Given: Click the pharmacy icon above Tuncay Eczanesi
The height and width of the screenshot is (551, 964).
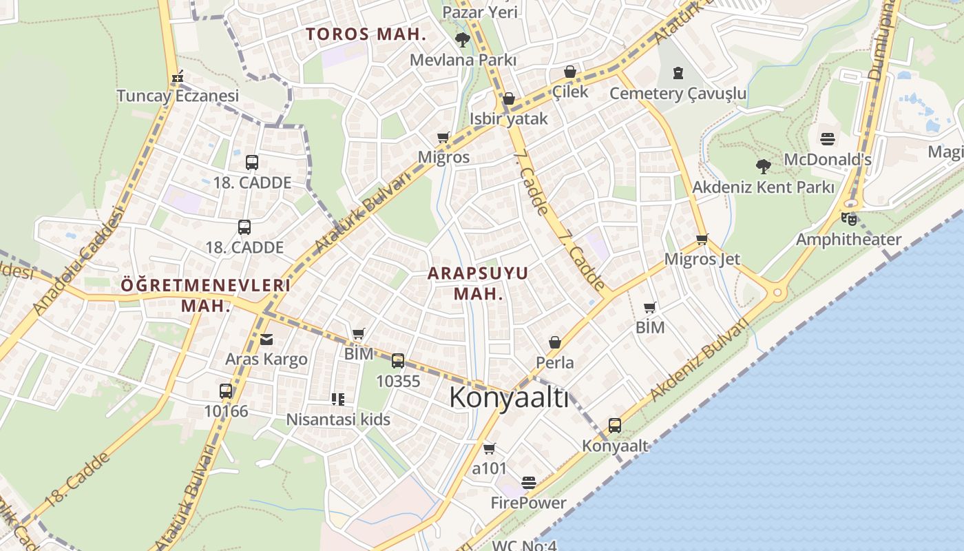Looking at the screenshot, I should [x=178, y=76].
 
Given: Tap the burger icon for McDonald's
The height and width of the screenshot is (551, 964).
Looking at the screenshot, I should [x=828, y=139].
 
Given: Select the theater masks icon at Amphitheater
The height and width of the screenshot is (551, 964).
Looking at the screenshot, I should [x=849, y=220].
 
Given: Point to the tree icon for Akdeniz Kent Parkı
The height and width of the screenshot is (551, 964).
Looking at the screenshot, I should [x=763, y=166].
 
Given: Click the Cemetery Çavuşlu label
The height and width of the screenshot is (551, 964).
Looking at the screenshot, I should [x=678, y=93].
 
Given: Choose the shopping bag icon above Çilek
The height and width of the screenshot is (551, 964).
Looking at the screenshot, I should [x=570, y=72].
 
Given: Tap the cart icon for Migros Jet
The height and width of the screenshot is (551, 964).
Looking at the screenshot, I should [x=702, y=240].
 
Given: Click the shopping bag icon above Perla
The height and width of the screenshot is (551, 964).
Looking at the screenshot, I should [x=555, y=342].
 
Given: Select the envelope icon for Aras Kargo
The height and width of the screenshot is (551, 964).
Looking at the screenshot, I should [x=266, y=340].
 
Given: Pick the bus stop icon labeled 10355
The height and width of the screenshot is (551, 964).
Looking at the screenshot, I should [x=398, y=361].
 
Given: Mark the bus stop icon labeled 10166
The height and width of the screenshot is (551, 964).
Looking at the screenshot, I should [x=226, y=391].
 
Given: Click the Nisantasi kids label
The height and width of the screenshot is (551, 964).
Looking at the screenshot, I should [x=338, y=419].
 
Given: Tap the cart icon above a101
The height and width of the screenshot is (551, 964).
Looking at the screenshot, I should [x=490, y=449].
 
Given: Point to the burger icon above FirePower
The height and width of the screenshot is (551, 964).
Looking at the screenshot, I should [x=529, y=483].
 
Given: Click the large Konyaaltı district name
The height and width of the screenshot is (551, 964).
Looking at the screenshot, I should [x=510, y=398].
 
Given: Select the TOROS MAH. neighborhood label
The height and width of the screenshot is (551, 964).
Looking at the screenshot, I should [x=366, y=34].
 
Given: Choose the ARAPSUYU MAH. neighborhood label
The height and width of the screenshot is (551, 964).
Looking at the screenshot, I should [x=478, y=283].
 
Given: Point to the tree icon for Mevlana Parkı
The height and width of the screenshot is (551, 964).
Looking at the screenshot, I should [x=463, y=40].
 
